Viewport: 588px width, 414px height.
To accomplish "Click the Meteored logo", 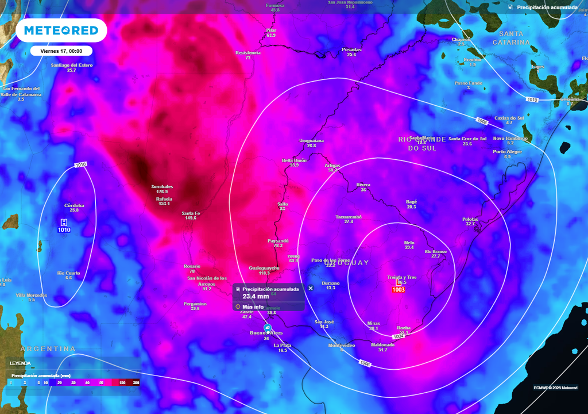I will tap(61, 30).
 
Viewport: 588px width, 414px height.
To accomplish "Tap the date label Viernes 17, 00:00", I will tap(61, 51).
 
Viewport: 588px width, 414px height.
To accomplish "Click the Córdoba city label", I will tap(74, 205).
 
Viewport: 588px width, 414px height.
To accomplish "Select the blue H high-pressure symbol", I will tap(64, 222).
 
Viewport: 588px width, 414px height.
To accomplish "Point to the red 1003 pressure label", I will tap(398, 290).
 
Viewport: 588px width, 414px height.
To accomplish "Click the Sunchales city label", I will tap(161, 186).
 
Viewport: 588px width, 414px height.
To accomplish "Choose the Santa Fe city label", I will tap(191, 213).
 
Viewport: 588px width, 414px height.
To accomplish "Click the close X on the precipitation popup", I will tap(311, 288).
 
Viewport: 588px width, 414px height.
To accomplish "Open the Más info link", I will tap(253, 306).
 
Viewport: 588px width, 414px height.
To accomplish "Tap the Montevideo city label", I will tap(342, 345).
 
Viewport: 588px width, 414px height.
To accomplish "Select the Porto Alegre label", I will tap(507, 152).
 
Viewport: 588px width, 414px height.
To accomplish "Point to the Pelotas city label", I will tap(470, 219).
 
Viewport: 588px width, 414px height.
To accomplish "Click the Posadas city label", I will tap(351, 49).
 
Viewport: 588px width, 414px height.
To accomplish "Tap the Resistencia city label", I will tap(248, 53).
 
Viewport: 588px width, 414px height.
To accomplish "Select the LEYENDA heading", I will tap(20, 363).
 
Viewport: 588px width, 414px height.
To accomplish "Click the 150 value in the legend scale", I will tap(122, 382).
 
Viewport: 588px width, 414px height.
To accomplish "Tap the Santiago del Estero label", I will tap(72, 65).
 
